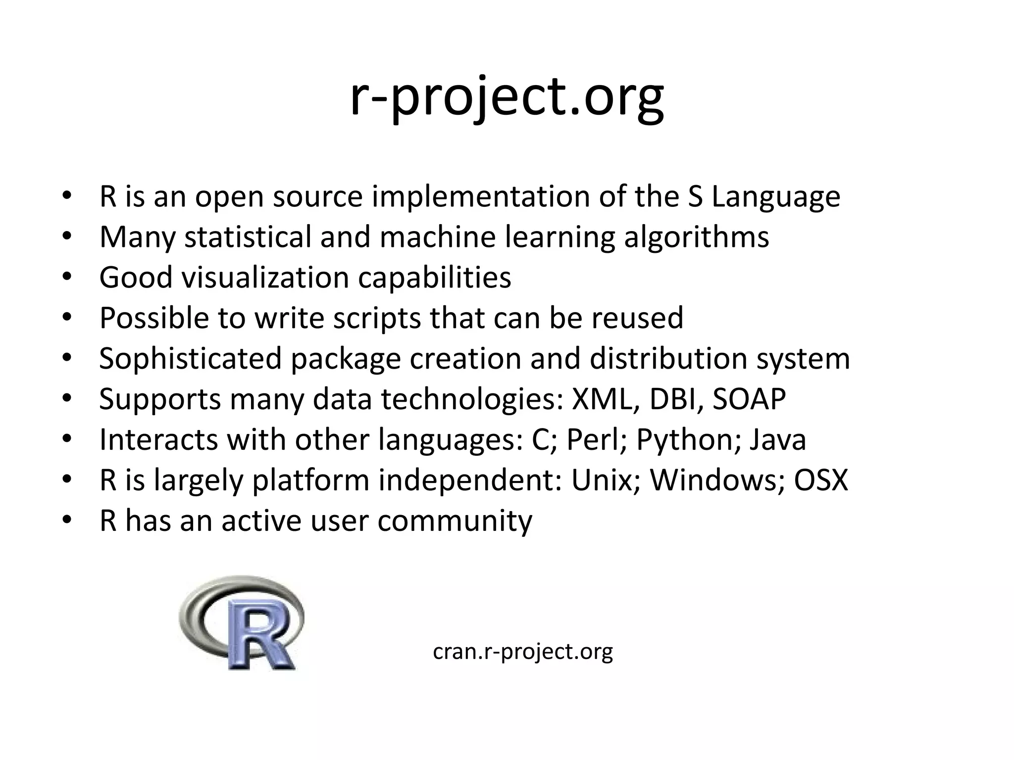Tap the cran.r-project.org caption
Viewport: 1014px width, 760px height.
tap(523, 651)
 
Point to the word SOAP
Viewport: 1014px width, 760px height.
tap(749, 399)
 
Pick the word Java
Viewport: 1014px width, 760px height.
tap(778, 439)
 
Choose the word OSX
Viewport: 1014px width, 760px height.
tap(821, 480)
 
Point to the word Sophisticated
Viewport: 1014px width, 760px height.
tap(190, 358)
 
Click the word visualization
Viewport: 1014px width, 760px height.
tap(265, 277)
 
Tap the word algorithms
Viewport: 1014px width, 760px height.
tap(696, 237)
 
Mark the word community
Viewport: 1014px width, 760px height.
tap(455, 521)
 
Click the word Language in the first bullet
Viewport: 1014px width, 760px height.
tap(776, 196)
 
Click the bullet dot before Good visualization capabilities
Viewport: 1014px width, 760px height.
tap(67, 277)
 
